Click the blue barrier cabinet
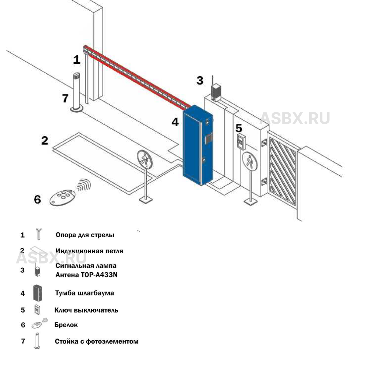pyautogui.click(x=198, y=145)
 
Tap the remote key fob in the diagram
pyautogui.click(x=63, y=198)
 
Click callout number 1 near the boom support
pyautogui.click(x=76, y=59)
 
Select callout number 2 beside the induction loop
pyautogui.click(x=45, y=141)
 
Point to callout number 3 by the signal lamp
pyautogui.click(x=199, y=81)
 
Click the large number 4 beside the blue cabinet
pyautogui.click(x=175, y=122)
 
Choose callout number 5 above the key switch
pyautogui.click(x=239, y=128)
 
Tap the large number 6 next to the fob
pyautogui.click(x=37, y=199)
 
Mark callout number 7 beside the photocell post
pyautogui.click(x=65, y=98)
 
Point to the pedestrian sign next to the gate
pyautogui.click(x=250, y=161)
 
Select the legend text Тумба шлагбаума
pyautogui.click(x=85, y=293)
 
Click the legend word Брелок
pyautogui.click(x=66, y=325)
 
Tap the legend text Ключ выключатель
pyautogui.click(x=86, y=310)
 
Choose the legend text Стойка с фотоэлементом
pyautogui.click(x=97, y=341)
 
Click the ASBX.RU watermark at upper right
pyautogui.click(x=295, y=118)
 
